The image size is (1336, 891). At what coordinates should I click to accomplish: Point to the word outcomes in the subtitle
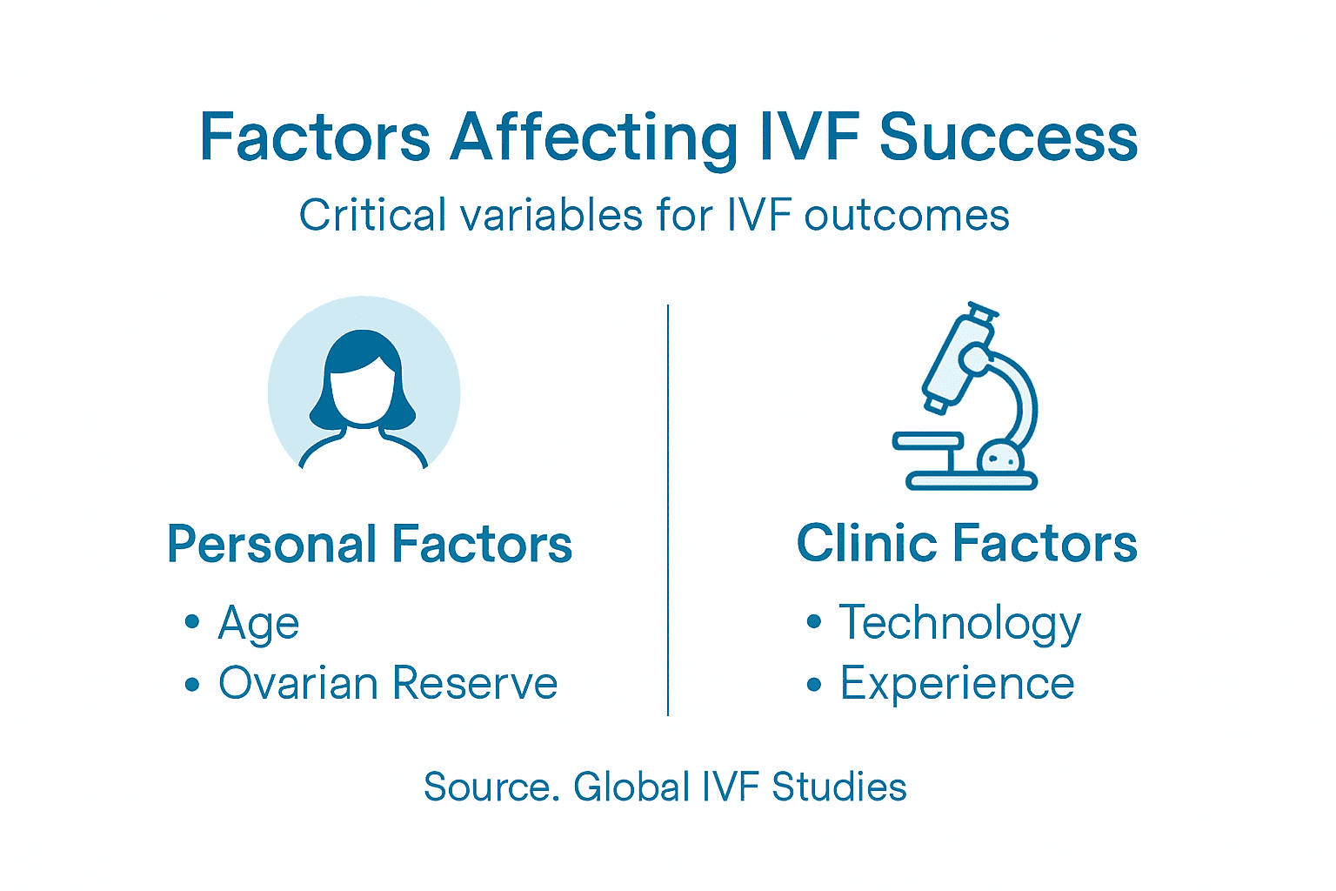[x=906, y=215]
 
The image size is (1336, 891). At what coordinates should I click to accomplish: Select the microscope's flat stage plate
[x=927, y=441]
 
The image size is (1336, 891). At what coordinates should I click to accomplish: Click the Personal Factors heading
[x=370, y=545]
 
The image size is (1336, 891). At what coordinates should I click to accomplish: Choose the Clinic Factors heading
[x=966, y=544]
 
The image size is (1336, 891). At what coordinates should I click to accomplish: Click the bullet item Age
[x=258, y=623]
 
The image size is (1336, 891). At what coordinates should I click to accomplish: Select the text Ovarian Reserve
[x=388, y=683]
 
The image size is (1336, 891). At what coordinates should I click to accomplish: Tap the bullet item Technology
[x=959, y=623]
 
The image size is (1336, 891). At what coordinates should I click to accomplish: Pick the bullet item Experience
[x=957, y=683]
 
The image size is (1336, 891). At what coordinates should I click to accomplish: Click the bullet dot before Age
[x=192, y=622]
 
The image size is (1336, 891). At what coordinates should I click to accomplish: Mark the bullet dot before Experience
[x=813, y=685]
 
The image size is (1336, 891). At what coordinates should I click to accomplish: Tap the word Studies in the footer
[x=839, y=787]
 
